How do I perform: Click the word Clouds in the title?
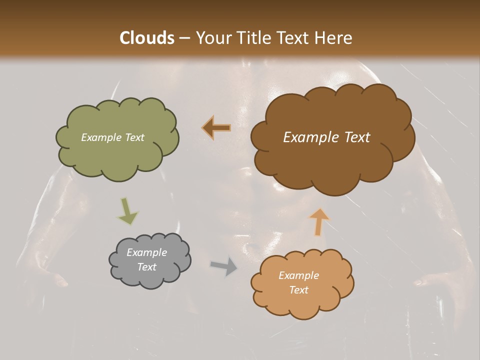coord(147,38)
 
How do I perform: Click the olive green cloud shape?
coord(118,155)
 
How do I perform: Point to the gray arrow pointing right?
coord(223,266)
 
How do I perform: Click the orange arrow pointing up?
coord(318,221)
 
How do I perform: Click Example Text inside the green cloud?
coord(112,137)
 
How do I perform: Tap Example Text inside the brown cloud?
coord(326,137)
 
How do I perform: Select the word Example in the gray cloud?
coord(146,252)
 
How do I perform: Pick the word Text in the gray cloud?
coord(146,267)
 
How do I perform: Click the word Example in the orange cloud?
coord(298,275)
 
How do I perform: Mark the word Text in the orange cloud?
coord(298,290)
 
